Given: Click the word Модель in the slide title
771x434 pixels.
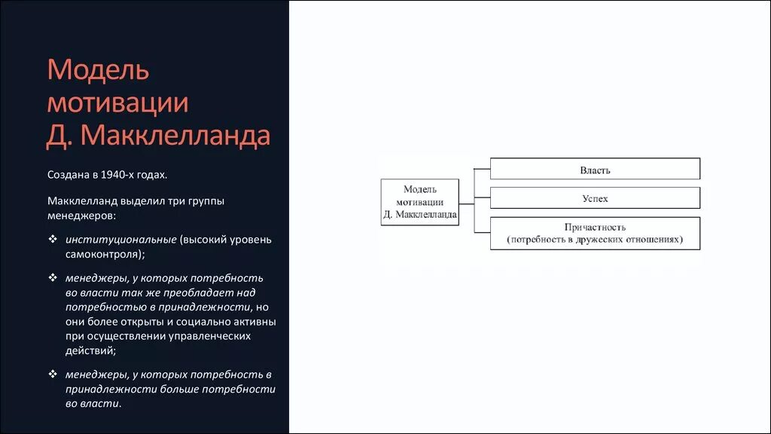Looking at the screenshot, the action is (x=98, y=70).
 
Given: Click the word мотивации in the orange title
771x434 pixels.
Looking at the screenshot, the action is (x=117, y=103).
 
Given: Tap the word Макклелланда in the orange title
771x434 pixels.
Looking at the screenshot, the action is (x=175, y=136).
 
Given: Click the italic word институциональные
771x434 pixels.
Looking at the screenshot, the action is (x=121, y=240).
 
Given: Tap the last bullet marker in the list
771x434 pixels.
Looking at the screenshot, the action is (x=53, y=374).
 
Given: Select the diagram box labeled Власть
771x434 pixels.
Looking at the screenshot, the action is (x=595, y=169).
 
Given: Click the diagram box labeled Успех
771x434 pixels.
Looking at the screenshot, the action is (x=595, y=198).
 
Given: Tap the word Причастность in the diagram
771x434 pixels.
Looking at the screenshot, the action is (x=595, y=227).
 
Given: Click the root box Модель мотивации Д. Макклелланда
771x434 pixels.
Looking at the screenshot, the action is (x=419, y=202).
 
